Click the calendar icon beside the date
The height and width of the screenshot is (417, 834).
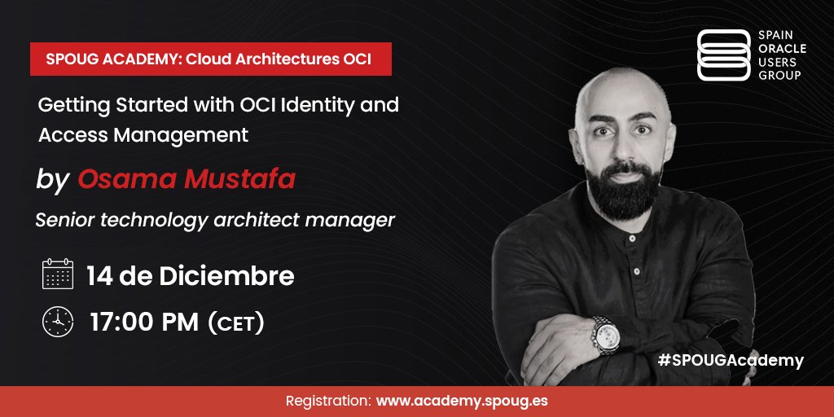click(58, 275)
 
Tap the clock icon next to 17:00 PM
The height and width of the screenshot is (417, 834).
click(58, 322)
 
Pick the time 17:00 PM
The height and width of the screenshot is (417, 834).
click(144, 323)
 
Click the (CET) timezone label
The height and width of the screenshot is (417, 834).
click(236, 323)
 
